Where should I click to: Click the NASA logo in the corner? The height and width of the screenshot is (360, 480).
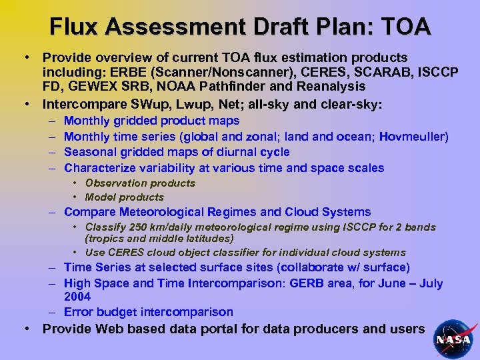453,338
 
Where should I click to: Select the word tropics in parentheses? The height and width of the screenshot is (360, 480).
107,238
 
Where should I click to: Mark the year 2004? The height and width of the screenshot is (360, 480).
77,297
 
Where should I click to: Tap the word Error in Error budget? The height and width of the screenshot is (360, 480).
79,312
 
